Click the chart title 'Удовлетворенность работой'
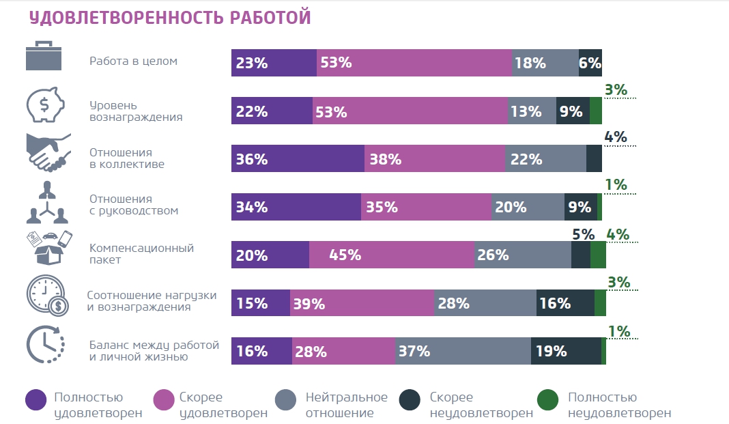pyautogui.click(x=169, y=18)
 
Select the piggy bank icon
pyautogui.click(x=45, y=104)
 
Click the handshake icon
pyautogui.click(x=47, y=152)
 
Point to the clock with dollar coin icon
pyautogui.click(x=46, y=294)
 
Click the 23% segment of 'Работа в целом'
pyautogui.click(x=274, y=63)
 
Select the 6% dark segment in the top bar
pyautogui.click(x=590, y=63)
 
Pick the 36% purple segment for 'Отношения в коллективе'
pyautogui.click(x=298, y=158)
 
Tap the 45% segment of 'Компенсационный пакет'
pyautogui.click(x=392, y=255)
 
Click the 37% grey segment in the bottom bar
pyautogui.click(x=463, y=351)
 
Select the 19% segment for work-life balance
pyautogui.click(x=566, y=351)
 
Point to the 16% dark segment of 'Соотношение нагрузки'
pyautogui.click(x=565, y=302)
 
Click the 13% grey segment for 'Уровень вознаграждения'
pyautogui.click(x=532, y=111)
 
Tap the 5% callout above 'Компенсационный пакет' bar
pyautogui.click(x=582, y=234)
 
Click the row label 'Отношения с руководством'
pyautogui.click(x=133, y=205)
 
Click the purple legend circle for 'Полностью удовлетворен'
pyautogui.click(x=35, y=400)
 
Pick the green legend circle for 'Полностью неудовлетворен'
pyautogui.click(x=547, y=400)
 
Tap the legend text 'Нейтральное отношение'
pyautogui.click(x=346, y=405)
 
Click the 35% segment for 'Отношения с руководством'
pyautogui.click(x=426, y=207)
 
